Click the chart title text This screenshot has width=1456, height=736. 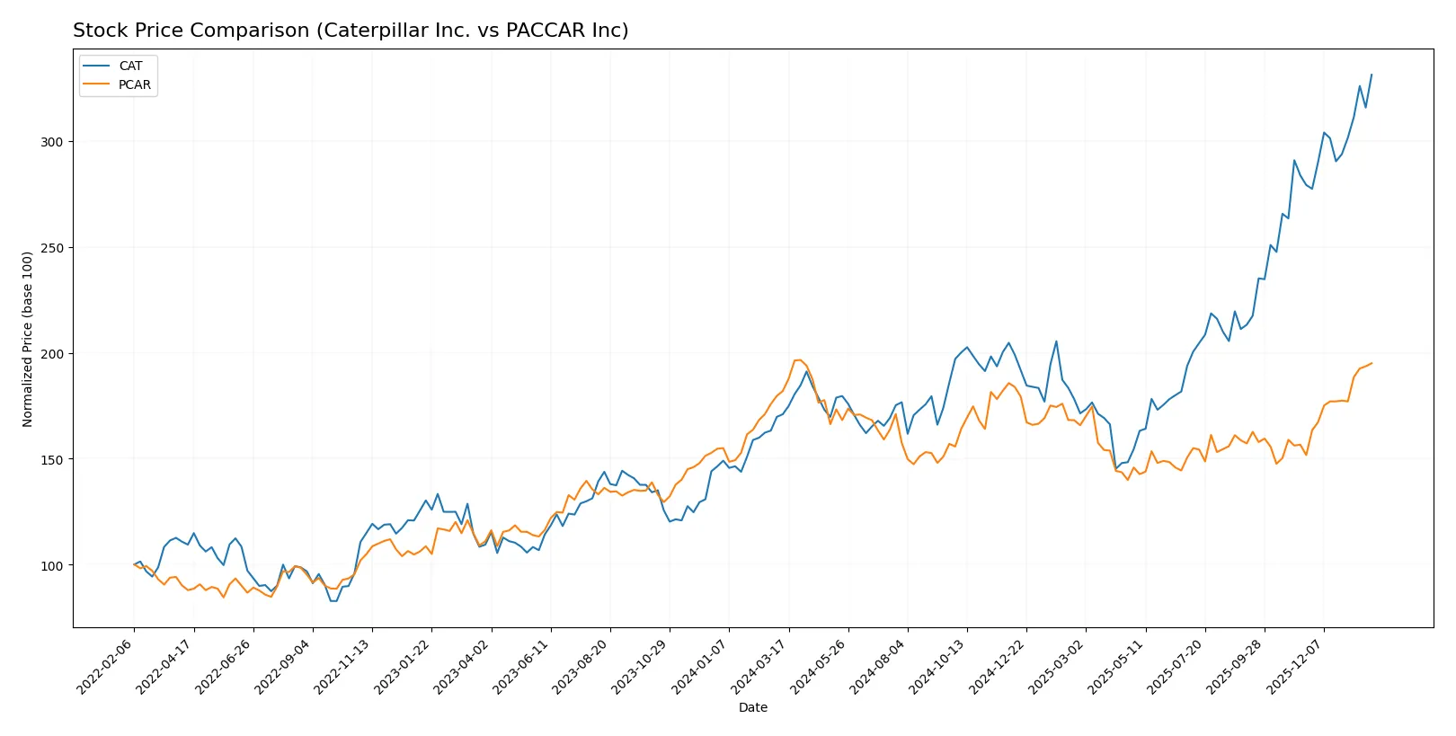pos(351,31)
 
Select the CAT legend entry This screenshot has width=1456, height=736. pos(130,66)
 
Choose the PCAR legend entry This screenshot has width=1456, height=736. pos(134,85)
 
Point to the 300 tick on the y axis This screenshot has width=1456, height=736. pos(51,142)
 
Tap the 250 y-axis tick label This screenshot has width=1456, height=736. pos(51,248)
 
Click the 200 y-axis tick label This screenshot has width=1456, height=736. pos(51,354)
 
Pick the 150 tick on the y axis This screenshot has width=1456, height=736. pos(51,459)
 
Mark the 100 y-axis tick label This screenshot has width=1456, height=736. pos(51,565)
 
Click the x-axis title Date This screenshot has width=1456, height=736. pos(753,707)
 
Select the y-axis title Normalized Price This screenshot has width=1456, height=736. pos(28,339)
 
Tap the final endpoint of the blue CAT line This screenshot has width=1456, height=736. pos(1372,75)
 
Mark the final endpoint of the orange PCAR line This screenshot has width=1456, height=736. pos(1372,363)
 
